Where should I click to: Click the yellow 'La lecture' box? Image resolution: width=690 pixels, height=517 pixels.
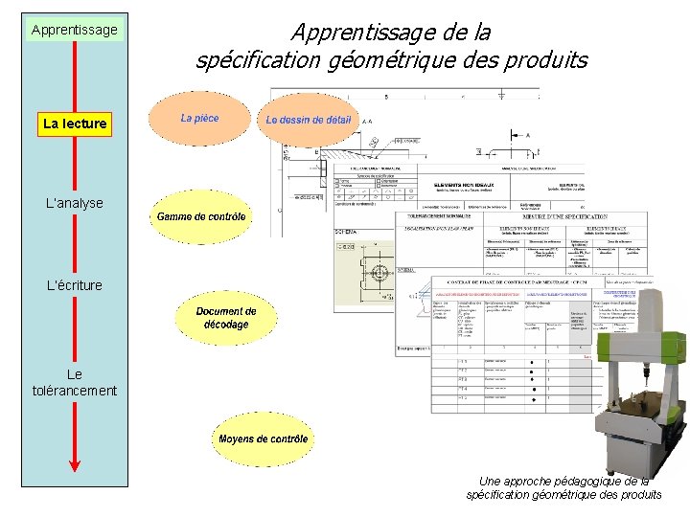pos(75,124)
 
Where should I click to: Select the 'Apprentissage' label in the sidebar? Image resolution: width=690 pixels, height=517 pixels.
pos(74,30)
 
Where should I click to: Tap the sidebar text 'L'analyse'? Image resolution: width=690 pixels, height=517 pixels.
pos(75,203)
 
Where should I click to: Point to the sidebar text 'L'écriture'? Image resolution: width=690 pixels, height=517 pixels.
pos(75,284)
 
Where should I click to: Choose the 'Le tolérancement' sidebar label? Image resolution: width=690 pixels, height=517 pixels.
pos(75,382)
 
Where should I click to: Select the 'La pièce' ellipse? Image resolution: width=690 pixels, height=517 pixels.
pos(199,119)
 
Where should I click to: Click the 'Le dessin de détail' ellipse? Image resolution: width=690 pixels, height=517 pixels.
pos(309,121)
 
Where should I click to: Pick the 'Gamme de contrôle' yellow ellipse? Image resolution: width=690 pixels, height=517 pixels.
pos(201,217)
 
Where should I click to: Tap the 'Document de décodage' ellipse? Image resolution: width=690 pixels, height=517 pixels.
pos(226,318)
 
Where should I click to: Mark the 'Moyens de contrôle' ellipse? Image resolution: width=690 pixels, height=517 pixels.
pos(263,439)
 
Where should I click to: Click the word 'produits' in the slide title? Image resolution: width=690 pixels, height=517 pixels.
pos(549,60)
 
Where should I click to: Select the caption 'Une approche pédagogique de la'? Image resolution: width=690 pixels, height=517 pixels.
pos(563,481)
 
